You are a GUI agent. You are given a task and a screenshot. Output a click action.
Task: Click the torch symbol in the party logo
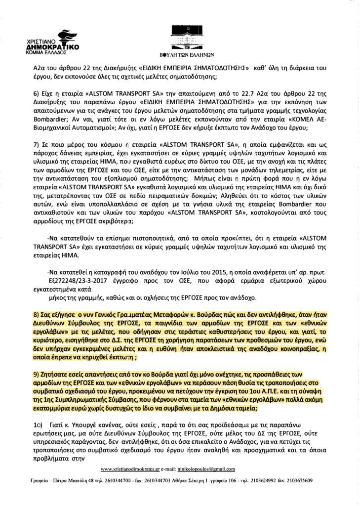point(63,37)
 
